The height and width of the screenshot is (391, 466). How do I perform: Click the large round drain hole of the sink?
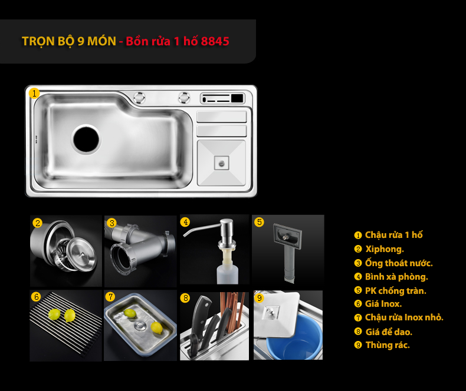[86, 139]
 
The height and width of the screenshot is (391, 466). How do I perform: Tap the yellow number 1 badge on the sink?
[34, 94]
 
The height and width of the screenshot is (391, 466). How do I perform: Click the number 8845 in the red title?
[215, 41]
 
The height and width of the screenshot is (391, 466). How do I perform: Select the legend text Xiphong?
[385, 249]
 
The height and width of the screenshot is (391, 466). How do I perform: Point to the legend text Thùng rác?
[388, 345]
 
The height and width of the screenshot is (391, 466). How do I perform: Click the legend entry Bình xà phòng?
[396, 277]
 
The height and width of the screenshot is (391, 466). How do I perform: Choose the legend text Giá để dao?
[389, 332]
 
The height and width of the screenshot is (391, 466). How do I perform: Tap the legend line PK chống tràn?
[396, 291]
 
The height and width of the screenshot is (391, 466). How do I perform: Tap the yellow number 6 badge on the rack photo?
[36, 297]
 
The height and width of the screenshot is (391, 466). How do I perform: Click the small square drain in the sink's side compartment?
[221, 163]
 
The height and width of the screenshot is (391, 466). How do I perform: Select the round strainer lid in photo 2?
[81, 254]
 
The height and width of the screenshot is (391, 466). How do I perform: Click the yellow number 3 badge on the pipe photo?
[111, 223]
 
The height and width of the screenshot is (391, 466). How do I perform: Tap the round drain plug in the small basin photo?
[140, 326]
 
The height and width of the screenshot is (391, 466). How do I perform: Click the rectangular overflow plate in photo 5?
[287, 236]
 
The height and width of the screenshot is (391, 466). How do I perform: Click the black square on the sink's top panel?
[237, 98]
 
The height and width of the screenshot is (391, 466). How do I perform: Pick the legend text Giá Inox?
[383, 304]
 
